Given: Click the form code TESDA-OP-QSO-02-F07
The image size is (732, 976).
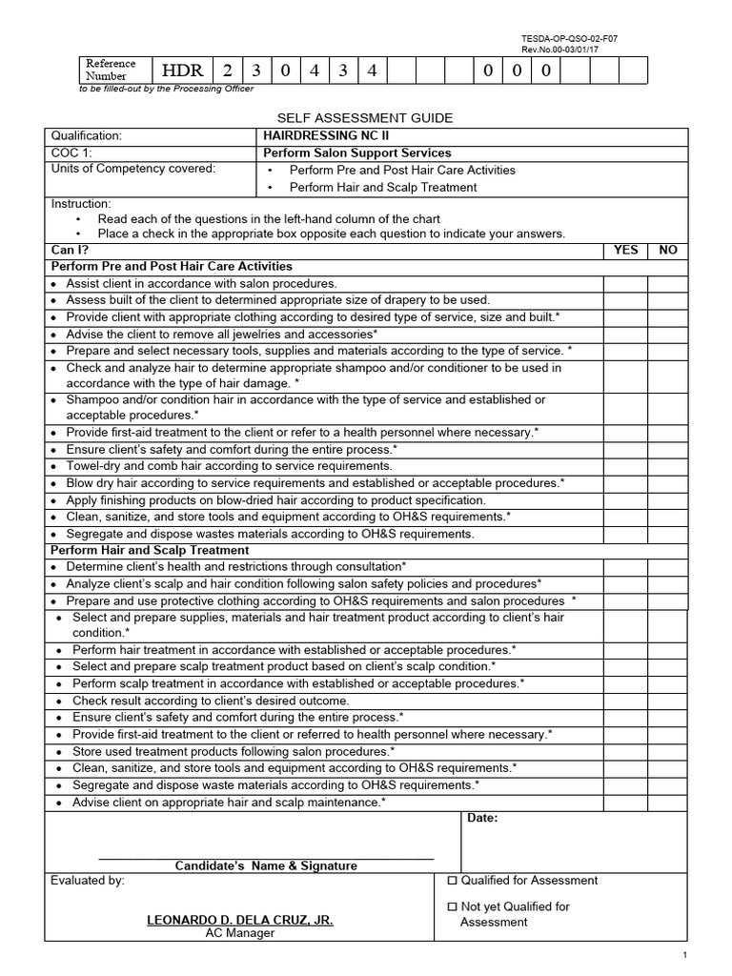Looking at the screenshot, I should (x=576, y=38).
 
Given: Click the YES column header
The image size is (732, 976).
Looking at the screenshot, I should (x=625, y=250).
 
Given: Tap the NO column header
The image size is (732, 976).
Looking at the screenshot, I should (x=668, y=250).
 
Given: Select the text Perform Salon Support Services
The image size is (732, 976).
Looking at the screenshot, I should (x=357, y=152).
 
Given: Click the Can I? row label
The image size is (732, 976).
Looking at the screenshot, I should (x=70, y=250).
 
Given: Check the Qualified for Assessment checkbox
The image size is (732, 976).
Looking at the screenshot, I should (x=452, y=881).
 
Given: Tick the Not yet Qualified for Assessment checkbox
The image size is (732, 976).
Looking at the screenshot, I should (x=452, y=906).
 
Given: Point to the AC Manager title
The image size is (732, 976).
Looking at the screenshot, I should (x=240, y=933).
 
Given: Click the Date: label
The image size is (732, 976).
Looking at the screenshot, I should (x=482, y=818).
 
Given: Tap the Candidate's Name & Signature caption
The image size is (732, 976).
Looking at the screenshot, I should (x=266, y=865).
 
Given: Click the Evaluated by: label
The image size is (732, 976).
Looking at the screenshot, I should (x=87, y=881).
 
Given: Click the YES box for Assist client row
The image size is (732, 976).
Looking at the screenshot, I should (x=625, y=283).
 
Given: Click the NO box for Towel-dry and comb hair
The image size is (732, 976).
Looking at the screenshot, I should (x=668, y=466).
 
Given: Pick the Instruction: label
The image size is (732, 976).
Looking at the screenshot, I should (x=81, y=204).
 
